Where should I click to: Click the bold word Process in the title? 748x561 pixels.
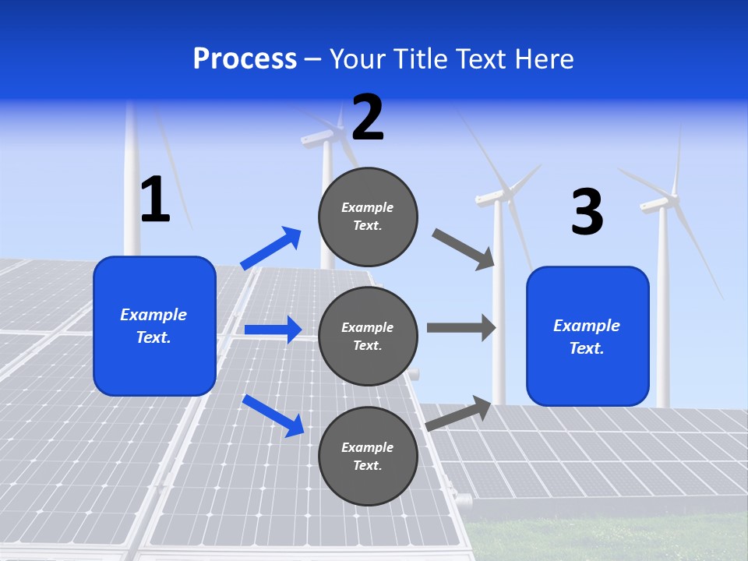click(x=245, y=59)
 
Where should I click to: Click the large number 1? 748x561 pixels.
click(x=155, y=199)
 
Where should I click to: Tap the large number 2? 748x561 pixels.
click(x=368, y=118)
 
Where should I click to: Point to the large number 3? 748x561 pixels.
click(x=587, y=212)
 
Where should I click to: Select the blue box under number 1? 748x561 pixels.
click(x=154, y=326)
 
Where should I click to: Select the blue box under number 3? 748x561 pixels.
click(x=587, y=336)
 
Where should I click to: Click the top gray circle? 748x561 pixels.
click(x=368, y=217)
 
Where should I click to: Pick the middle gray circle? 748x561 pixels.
click(x=368, y=336)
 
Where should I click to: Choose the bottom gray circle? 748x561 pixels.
click(x=368, y=456)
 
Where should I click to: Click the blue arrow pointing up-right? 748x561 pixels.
click(x=271, y=248)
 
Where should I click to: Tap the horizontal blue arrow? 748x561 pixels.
click(x=273, y=330)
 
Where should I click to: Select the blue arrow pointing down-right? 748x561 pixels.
click(x=273, y=415)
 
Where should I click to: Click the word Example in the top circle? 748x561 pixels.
click(x=368, y=207)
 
